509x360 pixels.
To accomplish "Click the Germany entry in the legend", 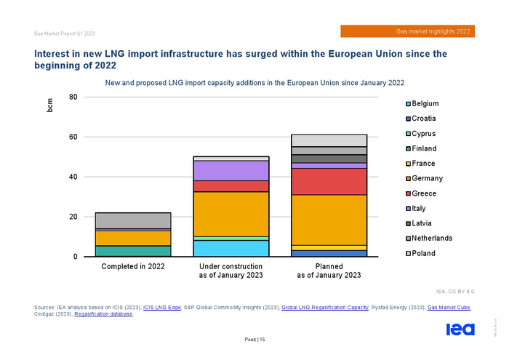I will pyautogui.click(x=427, y=178).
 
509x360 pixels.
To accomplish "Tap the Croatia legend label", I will pyautogui.click(x=423, y=119).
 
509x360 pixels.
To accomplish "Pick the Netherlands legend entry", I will pyautogui.click(x=431, y=238).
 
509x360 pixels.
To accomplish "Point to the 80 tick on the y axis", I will pyautogui.click(x=73, y=97).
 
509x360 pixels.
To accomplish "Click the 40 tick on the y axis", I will pyautogui.click(x=73, y=177).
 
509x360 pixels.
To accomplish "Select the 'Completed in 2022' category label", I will pyautogui.click(x=133, y=267).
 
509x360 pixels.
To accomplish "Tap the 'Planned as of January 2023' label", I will pyautogui.click(x=329, y=271).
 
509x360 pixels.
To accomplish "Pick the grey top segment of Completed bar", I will pyautogui.click(x=133, y=220).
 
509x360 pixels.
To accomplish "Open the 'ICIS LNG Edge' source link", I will pyautogui.click(x=164, y=308).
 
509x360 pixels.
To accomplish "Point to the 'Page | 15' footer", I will pyautogui.click(x=254, y=339).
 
